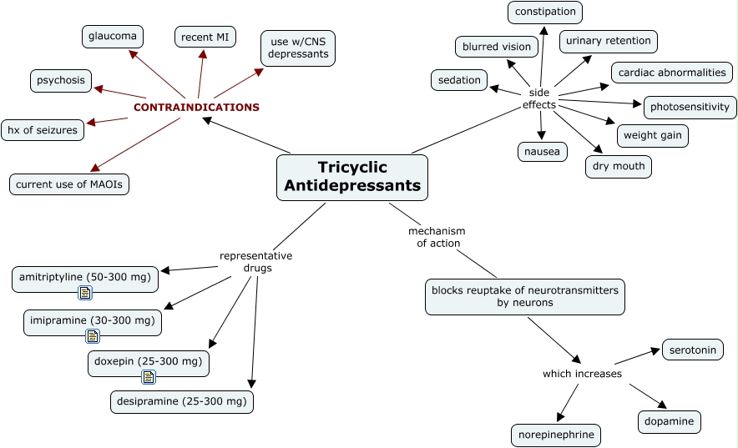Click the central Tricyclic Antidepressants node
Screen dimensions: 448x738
click(x=351, y=177)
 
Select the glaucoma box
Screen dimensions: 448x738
click(x=113, y=36)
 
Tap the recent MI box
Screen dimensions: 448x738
click(x=205, y=37)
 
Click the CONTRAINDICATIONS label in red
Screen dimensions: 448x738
click(x=196, y=107)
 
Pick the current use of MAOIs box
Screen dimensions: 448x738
click(x=69, y=184)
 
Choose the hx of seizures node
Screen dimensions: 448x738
click(x=42, y=129)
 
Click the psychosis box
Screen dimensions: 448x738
click(x=61, y=81)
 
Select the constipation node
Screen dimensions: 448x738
click(x=544, y=12)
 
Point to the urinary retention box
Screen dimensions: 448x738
click(x=608, y=41)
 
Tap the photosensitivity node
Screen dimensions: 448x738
click(x=690, y=107)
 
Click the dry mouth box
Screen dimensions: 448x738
click(x=618, y=166)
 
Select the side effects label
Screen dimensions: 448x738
click(x=538, y=98)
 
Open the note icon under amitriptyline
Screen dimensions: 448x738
click(x=85, y=292)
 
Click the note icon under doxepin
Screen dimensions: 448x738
click(x=148, y=376)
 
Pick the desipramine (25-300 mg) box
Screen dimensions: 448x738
click(x=182, y=401)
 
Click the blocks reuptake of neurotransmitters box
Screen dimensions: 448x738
click(x=524, y=296)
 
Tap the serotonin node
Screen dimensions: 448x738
click(x=692, y=350)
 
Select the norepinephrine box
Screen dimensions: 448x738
click(x=555, y=435)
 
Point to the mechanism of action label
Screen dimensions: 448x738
click(x=436, y=237)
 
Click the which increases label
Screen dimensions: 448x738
click(x=582, y=374)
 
